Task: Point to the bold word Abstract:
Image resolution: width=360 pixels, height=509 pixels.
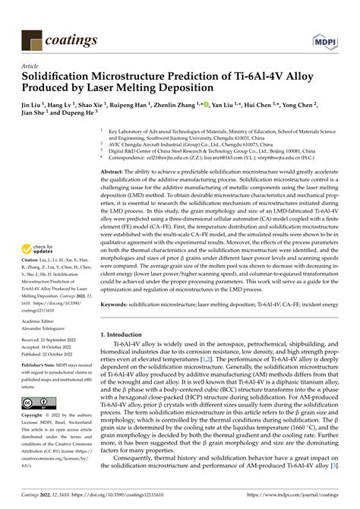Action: click(x=115, y=173)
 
